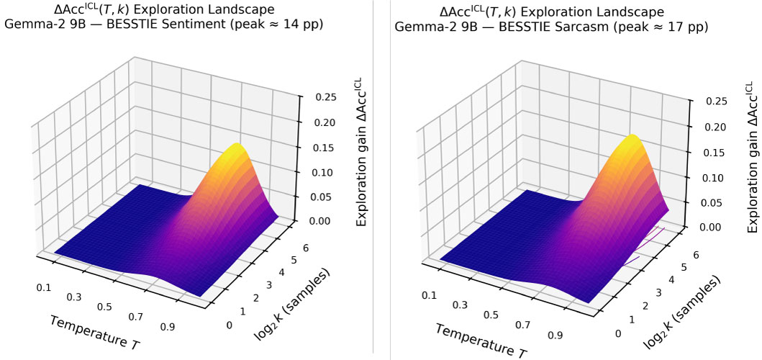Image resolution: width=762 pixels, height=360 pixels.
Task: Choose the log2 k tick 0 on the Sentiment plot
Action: [230, 325]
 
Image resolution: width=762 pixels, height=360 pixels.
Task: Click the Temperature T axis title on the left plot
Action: [94, 331]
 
